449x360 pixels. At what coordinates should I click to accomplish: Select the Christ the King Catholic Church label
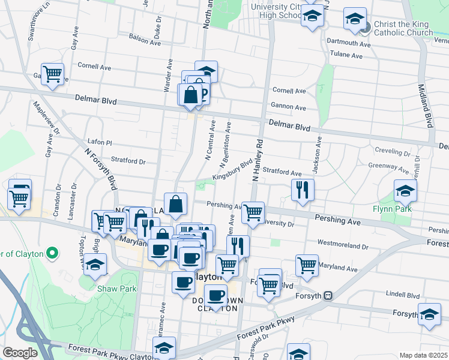402,28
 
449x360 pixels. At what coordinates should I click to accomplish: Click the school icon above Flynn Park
406,192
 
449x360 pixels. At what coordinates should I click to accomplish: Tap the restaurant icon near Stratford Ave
303,190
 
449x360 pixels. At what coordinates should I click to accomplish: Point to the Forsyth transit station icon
328,296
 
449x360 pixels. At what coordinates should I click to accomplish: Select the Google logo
20,352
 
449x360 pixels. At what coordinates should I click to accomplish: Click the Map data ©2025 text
423,355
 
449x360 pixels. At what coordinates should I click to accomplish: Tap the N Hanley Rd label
259,161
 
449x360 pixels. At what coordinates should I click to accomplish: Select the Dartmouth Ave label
349,43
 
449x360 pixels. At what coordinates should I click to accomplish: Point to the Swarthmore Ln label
34,25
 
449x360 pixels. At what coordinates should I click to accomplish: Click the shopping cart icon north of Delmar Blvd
53,74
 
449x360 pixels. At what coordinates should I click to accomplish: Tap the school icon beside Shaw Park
95,265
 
